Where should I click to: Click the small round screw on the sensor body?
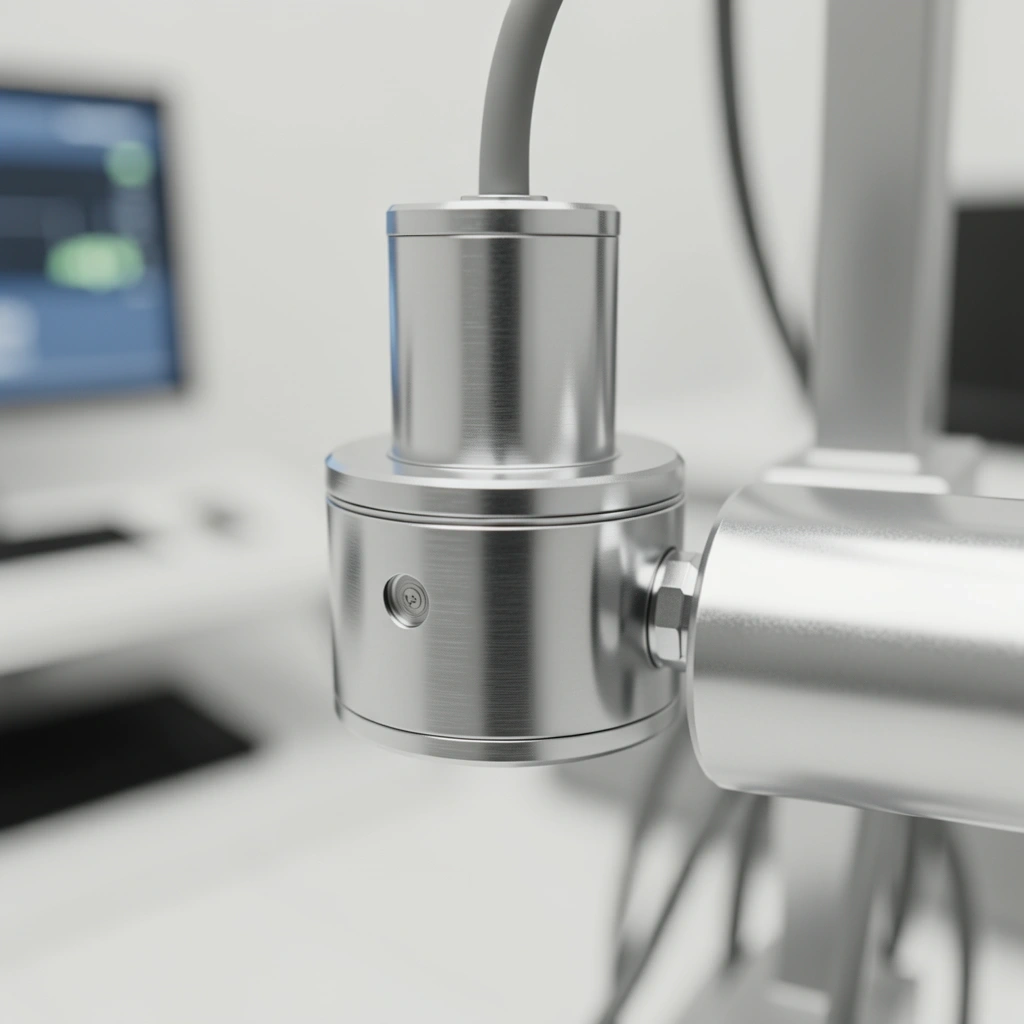(x=407, y=600)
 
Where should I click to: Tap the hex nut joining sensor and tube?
(x=671, y=609)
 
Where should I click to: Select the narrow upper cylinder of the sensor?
(x=502, y=340)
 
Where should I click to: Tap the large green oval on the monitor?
(x=95, y=261)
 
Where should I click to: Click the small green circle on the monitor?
(x=129, y=164)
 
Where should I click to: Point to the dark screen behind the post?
(x=985, y=320)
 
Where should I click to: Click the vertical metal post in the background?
(x=880, y=230)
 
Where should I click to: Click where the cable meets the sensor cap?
(x=505, y=197)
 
